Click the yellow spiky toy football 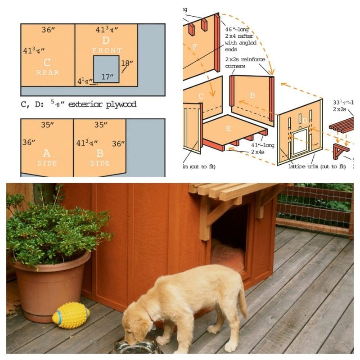point(71,315)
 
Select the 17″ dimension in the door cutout point(107,77)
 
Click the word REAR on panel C point(48,72)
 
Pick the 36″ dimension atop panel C point(48,30)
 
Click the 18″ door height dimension point(128,63)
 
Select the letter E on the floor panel point(228,128)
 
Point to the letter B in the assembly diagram point(252,95)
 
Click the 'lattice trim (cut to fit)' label point(317,166)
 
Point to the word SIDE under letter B point(99,163)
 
